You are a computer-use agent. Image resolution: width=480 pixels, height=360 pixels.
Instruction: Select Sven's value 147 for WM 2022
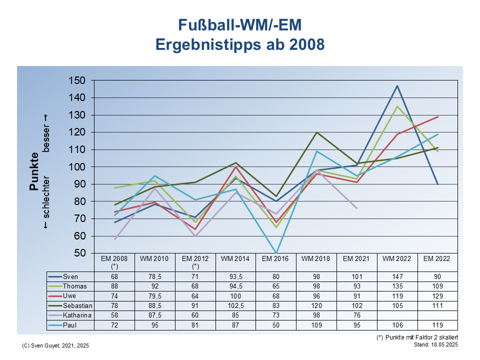[x=397, y=276]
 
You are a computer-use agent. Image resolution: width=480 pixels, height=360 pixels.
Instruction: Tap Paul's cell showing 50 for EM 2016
[x=276, y=324]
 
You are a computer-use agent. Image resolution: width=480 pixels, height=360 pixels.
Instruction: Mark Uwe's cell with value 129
[x=437, y=295]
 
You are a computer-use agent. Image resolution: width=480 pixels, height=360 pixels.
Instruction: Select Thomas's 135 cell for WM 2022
[x=397, y=286]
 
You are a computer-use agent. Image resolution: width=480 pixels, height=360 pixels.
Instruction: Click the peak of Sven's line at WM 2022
[x=397, y=85]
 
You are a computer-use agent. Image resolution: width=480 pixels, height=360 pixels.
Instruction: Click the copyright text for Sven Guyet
[x=56, y=346]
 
